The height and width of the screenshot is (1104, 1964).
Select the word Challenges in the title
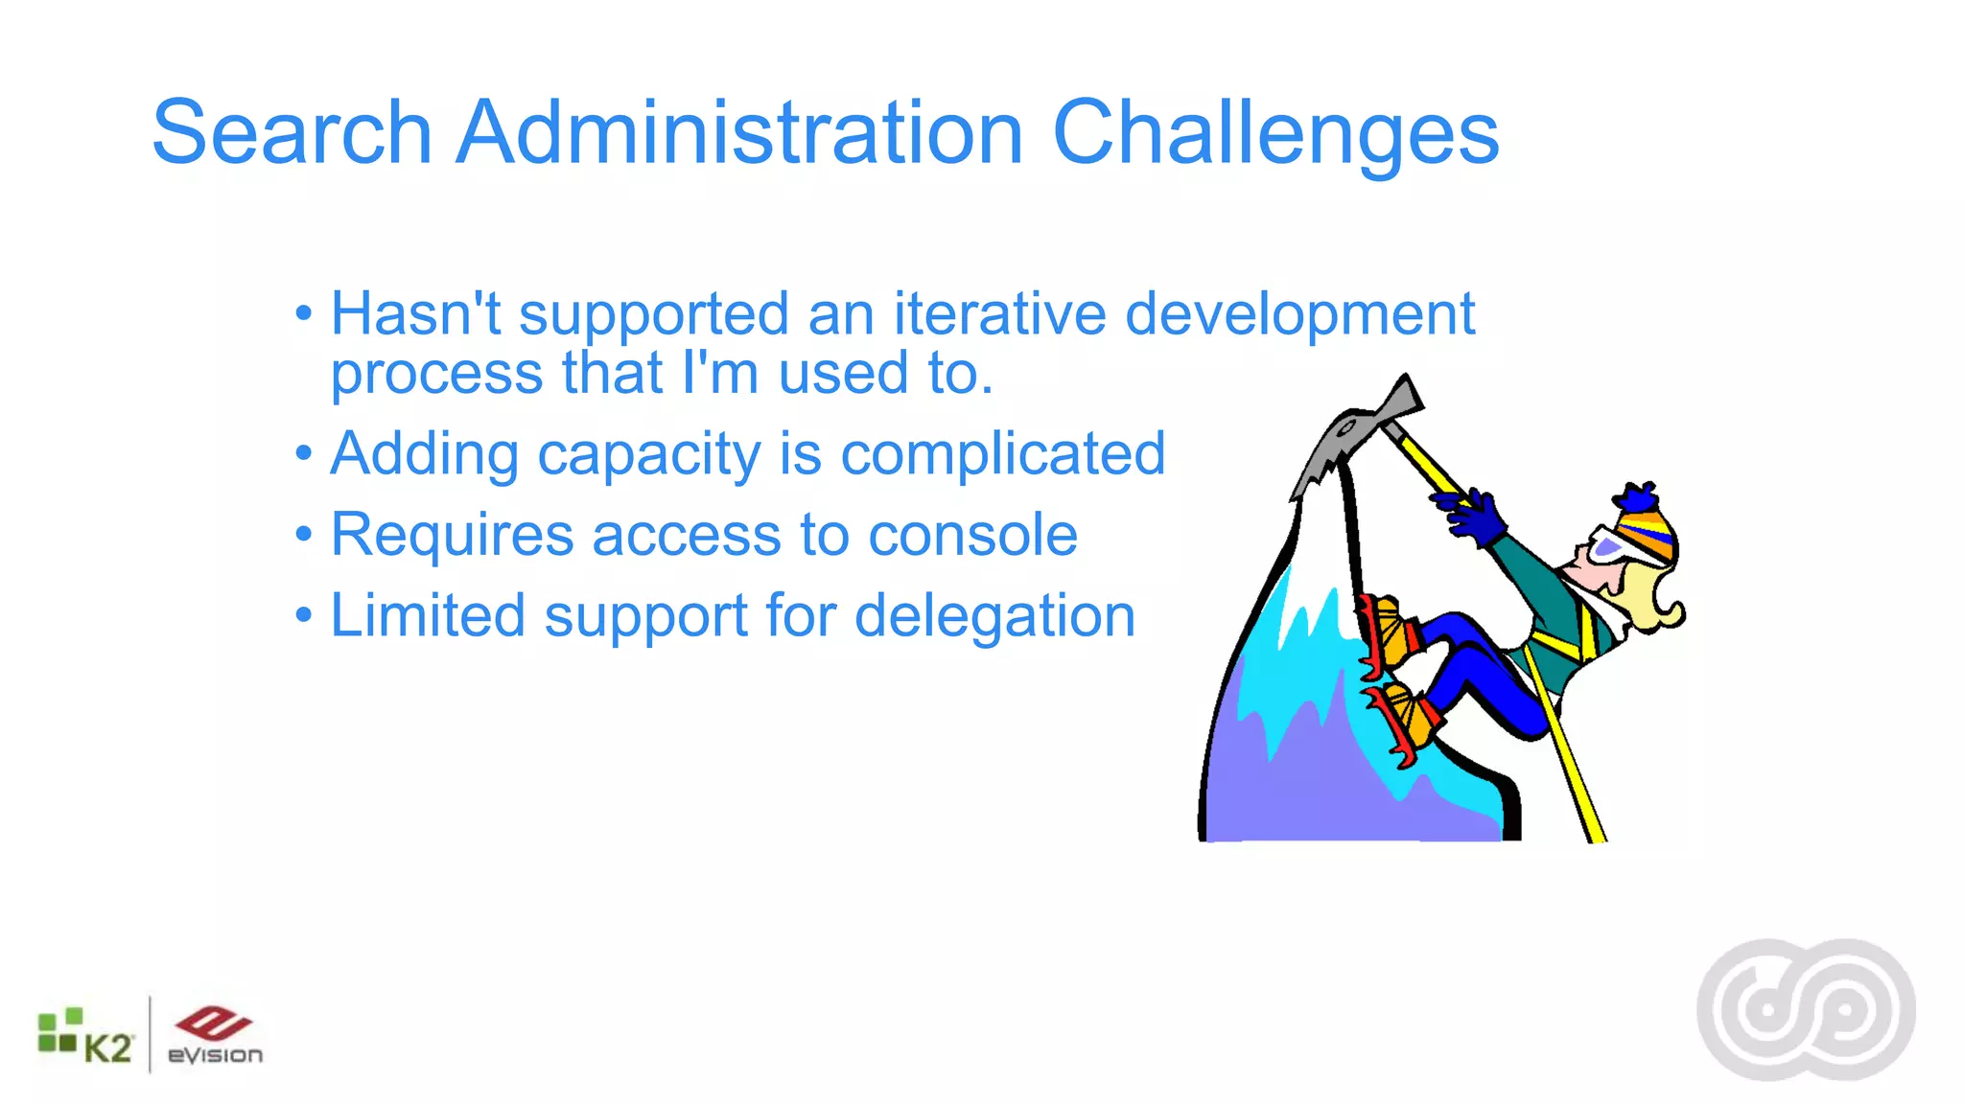[x=1275, y=134]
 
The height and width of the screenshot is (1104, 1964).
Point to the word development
[x=1299, y=316]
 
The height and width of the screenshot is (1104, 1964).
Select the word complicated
[x=1003, y=455]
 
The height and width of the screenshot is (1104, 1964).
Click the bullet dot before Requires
[x=304, y=534]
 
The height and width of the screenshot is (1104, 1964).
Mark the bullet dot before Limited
[x=304, y=614]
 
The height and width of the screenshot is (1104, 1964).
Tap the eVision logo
[x=214, y=1036]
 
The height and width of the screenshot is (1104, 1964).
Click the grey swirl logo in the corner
[x=1806, y=1010]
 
